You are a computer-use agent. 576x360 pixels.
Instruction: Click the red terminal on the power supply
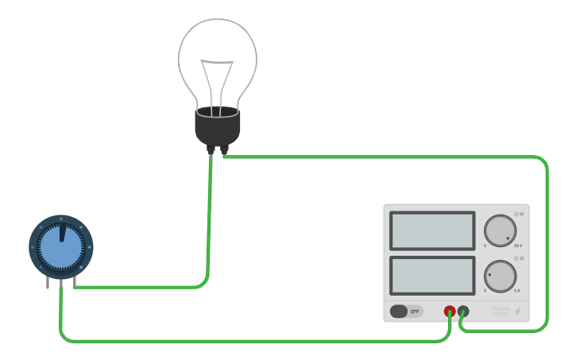(x=450, y=312)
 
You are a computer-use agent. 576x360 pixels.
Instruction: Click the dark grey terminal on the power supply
(x=463, y=312)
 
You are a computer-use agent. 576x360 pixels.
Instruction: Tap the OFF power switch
(x=406, y=312)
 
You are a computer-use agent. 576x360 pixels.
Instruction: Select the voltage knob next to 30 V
(x=501, y=230)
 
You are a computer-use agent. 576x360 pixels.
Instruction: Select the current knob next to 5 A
(x=501, y=277)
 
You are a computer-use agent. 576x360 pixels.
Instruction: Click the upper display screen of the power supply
(x=433, y=230)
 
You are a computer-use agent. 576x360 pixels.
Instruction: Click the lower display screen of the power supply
(x=433, y=275)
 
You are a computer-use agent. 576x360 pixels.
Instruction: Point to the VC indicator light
(x=516, y=214)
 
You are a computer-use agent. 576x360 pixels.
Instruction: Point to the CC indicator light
(x=516, y=258)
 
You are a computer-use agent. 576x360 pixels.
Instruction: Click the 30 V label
(x=518, y=246)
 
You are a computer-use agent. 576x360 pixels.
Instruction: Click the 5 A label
(x=517, y=291)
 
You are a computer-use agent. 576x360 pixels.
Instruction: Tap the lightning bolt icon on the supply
(x=518, y=312)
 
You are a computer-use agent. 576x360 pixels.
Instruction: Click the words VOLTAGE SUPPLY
(x=501, y=312)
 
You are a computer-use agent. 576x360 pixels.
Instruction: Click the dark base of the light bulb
(x=217, y=127)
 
